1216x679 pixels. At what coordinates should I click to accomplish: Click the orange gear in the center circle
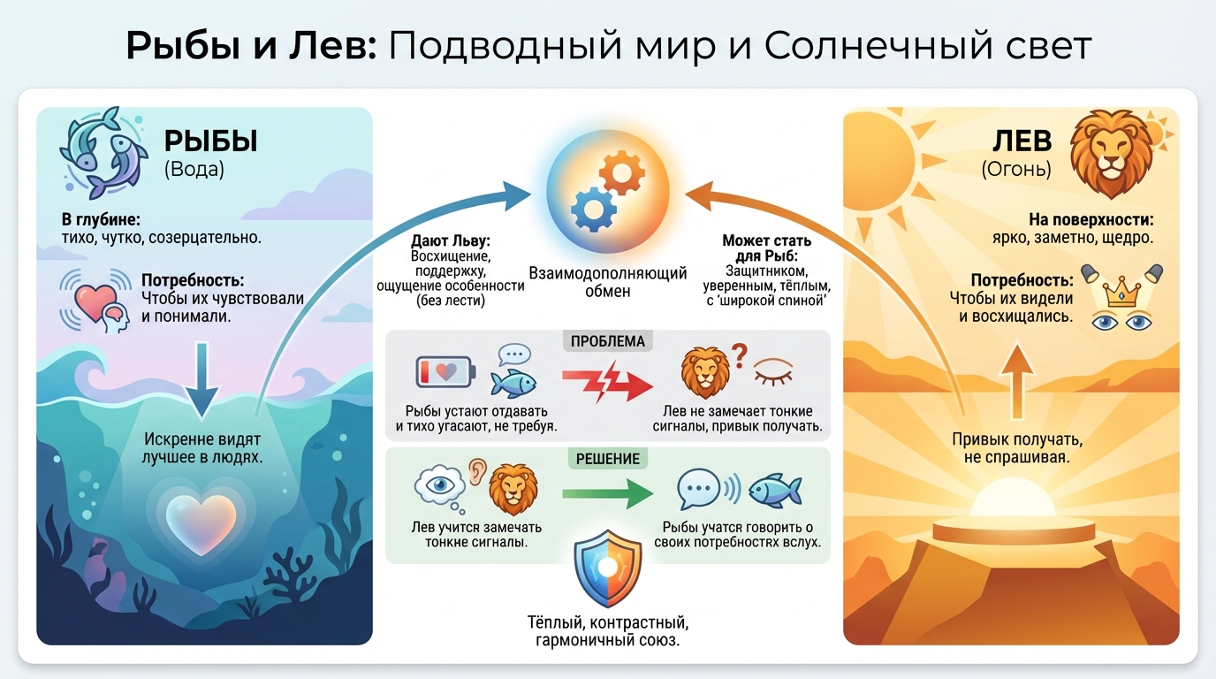tap(621, 172)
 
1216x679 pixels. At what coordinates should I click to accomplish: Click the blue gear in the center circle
tap(593, 210)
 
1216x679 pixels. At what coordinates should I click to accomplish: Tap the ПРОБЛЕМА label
tap(607, 341)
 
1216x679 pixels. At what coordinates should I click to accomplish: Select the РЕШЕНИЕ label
tap(607, 459)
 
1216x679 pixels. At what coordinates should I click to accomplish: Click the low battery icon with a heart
tap(445, 371)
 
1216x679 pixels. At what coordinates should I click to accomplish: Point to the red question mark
tap(740, 355)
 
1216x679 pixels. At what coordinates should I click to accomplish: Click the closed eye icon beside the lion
tap(773, 371)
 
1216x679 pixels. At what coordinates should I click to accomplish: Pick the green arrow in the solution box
tap(607, 493)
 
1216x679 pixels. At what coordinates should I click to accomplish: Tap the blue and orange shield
tap(607, 568)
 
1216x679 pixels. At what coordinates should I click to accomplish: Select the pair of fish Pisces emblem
tap(103, 153)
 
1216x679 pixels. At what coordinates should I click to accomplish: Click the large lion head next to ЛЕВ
tap(1111, 154)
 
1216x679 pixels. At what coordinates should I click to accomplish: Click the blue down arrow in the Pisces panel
tap(202, 379)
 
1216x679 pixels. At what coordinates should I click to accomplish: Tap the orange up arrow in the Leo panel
tap(1017, 381)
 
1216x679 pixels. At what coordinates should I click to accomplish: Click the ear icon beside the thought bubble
tap(477, 472)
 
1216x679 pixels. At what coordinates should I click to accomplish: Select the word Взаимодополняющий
tap(607, 273)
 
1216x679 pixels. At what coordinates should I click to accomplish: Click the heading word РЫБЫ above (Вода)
tap(210, 141)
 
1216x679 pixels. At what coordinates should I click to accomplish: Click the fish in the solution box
tap(776, 491)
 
